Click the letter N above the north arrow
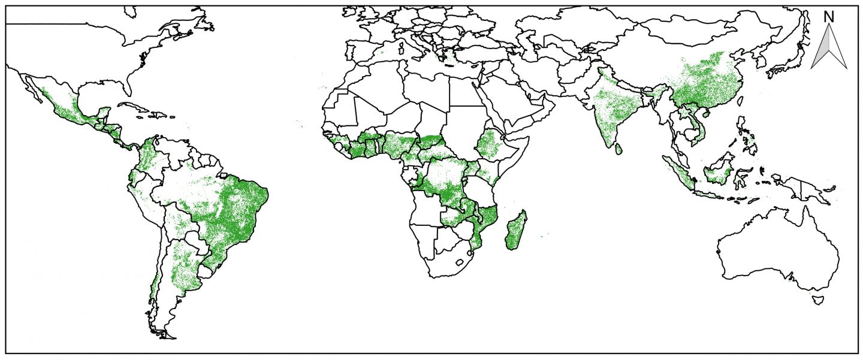point(829,17)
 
